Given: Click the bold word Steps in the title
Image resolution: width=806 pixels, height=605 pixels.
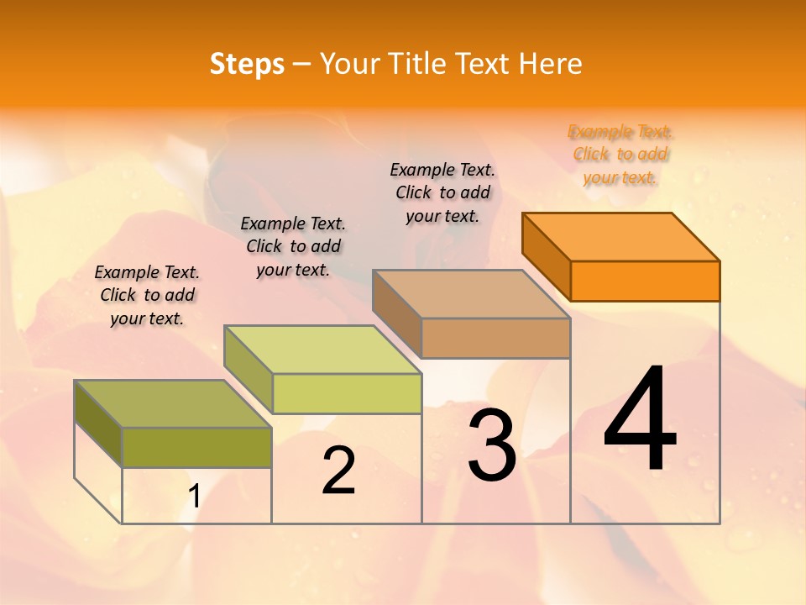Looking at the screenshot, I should point(247,64).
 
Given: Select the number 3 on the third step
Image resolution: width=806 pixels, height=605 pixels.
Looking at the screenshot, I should point(491,445).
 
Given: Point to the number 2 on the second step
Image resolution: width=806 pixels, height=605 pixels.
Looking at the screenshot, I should point(338,471).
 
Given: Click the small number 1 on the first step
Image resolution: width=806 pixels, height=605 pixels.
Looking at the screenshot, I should point(194,497).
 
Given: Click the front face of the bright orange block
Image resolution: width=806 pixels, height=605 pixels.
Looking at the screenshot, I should point(645,281).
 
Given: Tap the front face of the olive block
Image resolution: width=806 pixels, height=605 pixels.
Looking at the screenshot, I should point(196,447).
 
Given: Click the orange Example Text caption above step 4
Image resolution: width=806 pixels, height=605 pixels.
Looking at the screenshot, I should point(620,154).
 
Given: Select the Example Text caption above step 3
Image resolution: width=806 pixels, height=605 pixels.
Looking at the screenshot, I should point(442,192).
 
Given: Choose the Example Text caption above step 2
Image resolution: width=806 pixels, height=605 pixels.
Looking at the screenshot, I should point(293,246).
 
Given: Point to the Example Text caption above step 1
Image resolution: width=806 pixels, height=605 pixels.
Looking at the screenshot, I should point(147,295).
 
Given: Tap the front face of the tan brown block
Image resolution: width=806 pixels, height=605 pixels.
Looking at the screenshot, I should point(495,338).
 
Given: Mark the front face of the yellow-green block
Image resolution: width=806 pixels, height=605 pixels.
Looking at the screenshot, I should point(347,393).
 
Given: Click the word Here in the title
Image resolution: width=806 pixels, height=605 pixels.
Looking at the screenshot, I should point(551,64).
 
